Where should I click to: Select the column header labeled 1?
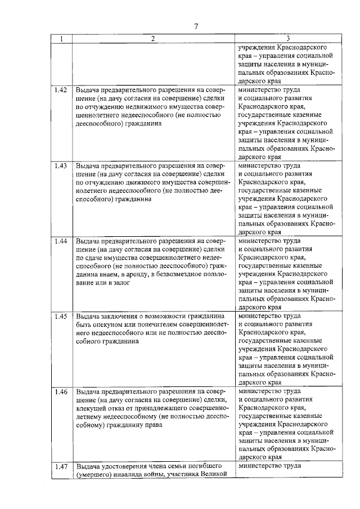click(61, 39)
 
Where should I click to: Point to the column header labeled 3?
click(287, 39)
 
